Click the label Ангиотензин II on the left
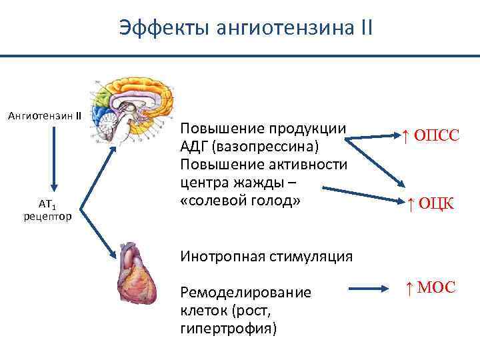[44, 115]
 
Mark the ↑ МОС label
[430, 288]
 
